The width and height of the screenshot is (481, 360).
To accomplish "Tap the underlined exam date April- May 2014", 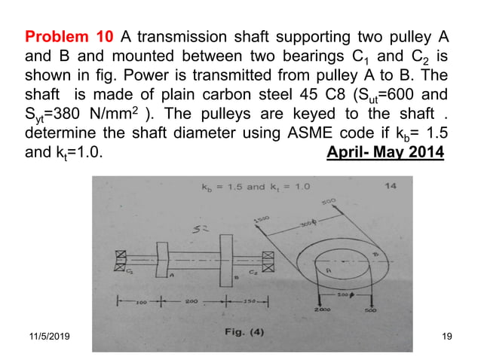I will pos(385,154).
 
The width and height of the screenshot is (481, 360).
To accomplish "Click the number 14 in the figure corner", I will pos(391,185).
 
